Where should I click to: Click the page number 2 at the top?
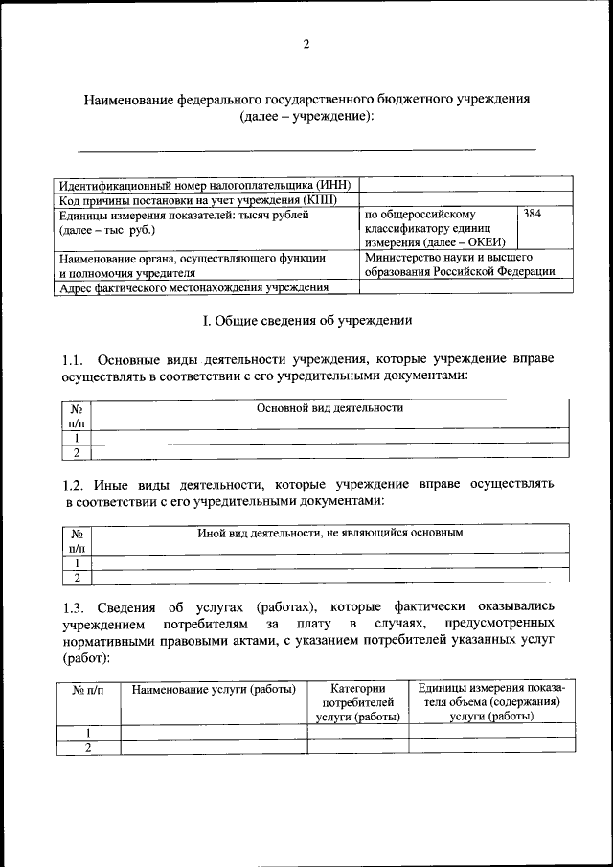point(306,44)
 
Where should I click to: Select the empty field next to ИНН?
point(466,184)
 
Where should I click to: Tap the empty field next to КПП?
point(466,199)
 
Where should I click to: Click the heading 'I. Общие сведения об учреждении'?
point(306,320)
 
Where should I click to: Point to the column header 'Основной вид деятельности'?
point(329,408)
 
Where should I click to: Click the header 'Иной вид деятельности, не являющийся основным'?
point(329,532)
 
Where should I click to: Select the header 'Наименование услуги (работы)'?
point(214,689)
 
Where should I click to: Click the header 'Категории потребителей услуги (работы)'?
point(357,703)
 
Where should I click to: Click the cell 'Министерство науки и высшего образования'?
point(460,264)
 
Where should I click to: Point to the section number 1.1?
point(74,360)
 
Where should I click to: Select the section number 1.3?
point(74,607)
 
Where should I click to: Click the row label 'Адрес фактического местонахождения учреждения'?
point(193,287)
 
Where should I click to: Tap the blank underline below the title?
point(306,149)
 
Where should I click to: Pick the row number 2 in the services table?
point(87,748)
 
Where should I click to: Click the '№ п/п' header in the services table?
point(87,689)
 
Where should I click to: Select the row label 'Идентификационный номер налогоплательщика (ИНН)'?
point(205,184)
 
